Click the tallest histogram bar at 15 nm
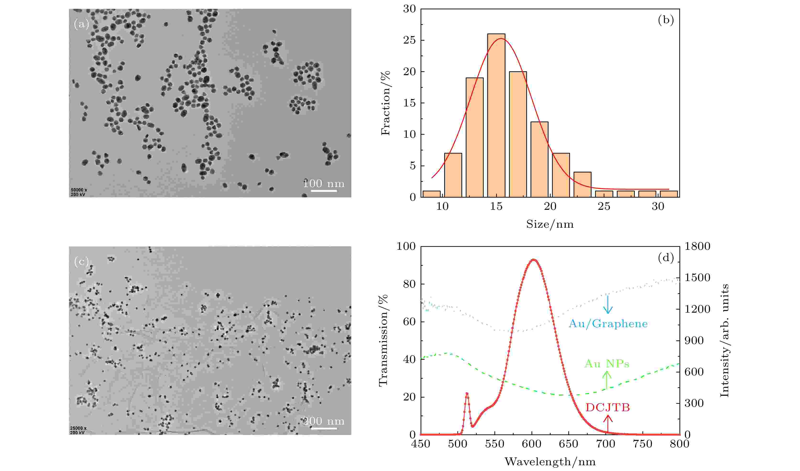(x=496, y=115)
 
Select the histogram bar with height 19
(x=475, y=137)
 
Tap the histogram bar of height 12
(x=539, y=160)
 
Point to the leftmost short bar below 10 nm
(x=431, y=194)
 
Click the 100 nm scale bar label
(x=323, y=183)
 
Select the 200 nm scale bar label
(x=323, y=421)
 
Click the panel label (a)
(x=81, y=24)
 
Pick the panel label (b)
(x=666, y=20)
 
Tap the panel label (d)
(x=666, y=258)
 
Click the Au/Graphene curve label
(x=608, y=324)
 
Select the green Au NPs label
(x=607, y=364)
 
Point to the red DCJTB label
(x=608, y=407)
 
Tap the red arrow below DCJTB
(x=608, y=424)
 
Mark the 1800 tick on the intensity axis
(x=697, y=246)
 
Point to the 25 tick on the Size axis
(x=604, y=206)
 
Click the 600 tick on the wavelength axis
(x=532, y=444)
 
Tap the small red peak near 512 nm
(x=467, y=394)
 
